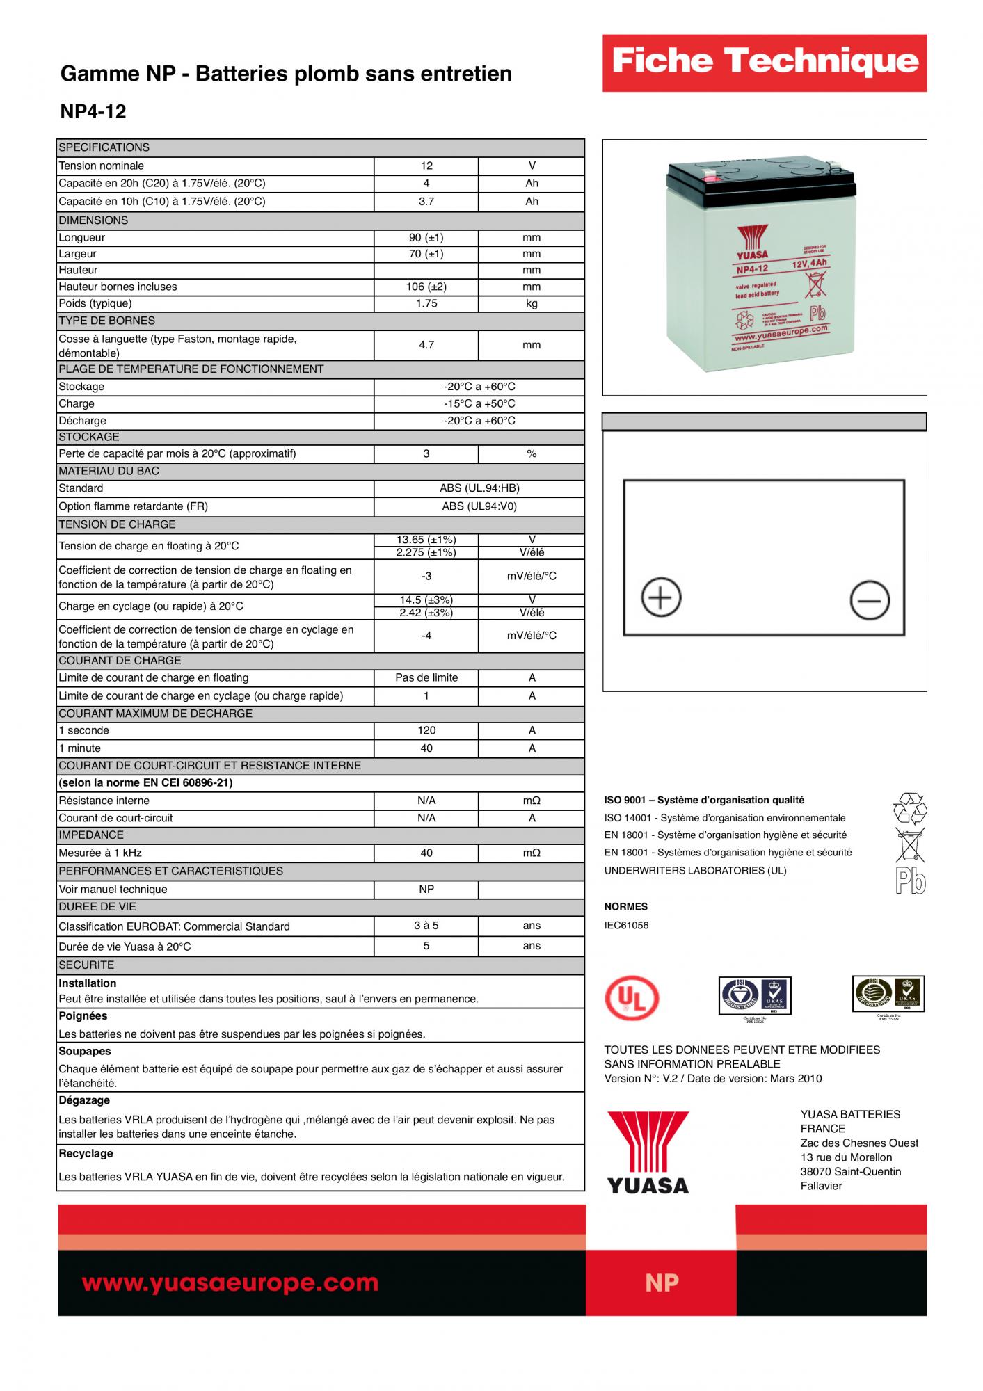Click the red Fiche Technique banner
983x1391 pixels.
pyautogui.click(x=764, y=63)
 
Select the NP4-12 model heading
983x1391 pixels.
pyautogui.click(x=93, y=112)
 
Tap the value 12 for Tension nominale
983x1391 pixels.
pyautogui.click(x=426, y=166)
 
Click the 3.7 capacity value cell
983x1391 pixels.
pyautogui.click(x=426, y=202)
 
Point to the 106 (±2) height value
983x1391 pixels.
pyautogui.click(x=426, y=287)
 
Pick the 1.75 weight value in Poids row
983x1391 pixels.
pyautogui.click(x=426, y=303)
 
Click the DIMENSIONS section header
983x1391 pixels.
pyautogui.click(x=93, y=220)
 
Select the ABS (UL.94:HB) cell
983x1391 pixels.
pyautogui.click(x=479, y=488)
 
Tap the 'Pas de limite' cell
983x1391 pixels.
pyautogui.click(x=426, y=677)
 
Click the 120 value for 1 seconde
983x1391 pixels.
pyautogui.click(x=426, y=730)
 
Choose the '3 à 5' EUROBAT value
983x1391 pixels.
pyautogui.click(x=426, y=926)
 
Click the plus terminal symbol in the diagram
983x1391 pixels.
pyautogui.click(x=660, y=597)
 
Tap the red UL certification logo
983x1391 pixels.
pyautogui.click(x=631, y=999)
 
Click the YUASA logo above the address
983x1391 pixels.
pyautogui.click(x=648, y=1152)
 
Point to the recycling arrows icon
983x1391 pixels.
pyautogui.click(x=909, y=808)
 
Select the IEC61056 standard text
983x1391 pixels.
pyautogui.click(x=626, y=926)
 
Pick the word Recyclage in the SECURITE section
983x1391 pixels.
pyautogui.click(x=86, y=1153)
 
